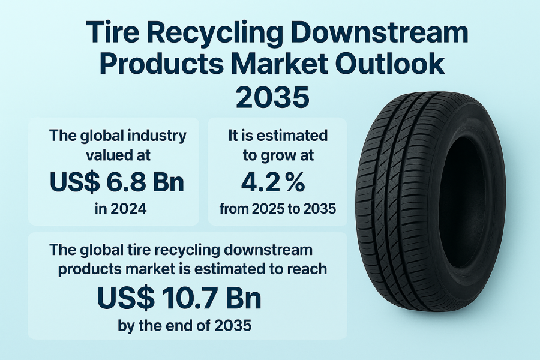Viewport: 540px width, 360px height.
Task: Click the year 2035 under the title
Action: pyautogui.click(x=272, y=97)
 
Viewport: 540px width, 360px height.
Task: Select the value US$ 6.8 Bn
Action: pyautogui.click(x=117, y=182)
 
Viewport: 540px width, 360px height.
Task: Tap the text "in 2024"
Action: pyautogui.click(x=121, y=209)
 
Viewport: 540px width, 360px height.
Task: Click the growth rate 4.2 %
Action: pyautogui.click(x=273, y=182)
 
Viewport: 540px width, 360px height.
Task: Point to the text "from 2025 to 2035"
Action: pyautogui.click(x=278, y=209)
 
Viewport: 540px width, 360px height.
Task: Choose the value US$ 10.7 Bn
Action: pyautogui.click(x=179, y=298)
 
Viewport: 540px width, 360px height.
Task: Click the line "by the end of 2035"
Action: pyautogui.click(x=185, y=325)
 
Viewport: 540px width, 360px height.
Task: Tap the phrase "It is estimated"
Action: pyautogui.click(x=278, y=136)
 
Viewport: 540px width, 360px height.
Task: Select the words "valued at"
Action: pyautogui.click(x=118, y=155)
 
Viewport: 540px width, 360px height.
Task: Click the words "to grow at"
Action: pyautogui.click(x=278, y=156)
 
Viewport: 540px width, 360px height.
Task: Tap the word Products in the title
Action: pyautogui.click(x=161, y=63)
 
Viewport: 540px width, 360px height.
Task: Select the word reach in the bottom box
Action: pyautogui.click(x=308, y=269)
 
